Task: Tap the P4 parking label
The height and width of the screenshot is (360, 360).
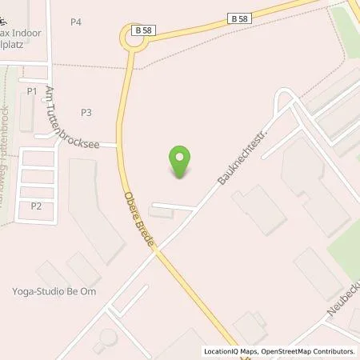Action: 76,22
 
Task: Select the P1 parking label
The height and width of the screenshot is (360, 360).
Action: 32,91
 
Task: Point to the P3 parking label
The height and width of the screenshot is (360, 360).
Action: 86,112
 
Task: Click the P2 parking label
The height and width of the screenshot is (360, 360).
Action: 36,206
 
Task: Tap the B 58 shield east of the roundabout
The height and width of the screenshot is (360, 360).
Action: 238,18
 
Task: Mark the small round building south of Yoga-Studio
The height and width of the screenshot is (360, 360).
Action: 106,337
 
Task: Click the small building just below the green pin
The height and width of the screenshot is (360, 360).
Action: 159,214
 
